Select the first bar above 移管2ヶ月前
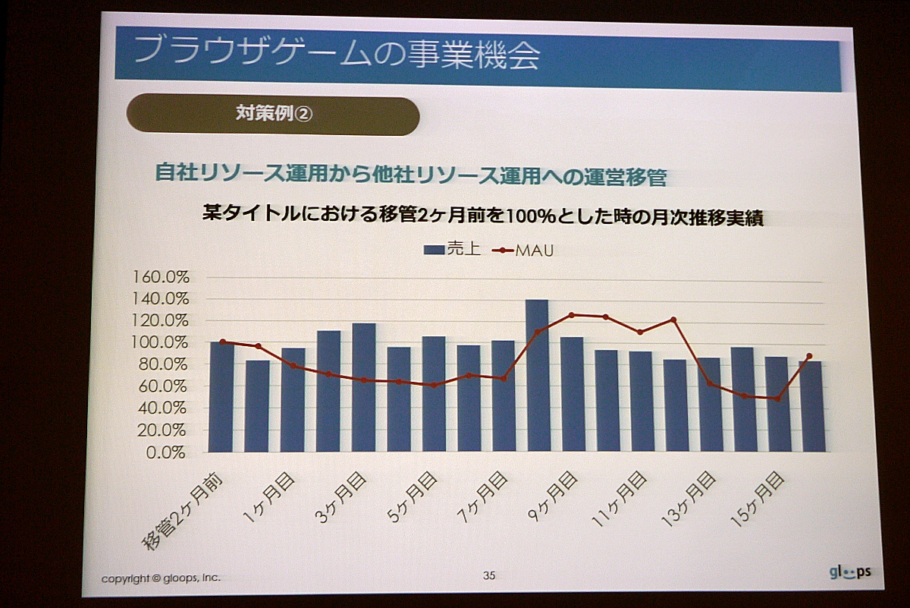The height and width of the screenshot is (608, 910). [x=221, y=396]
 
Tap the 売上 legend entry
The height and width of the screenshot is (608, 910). [x=452, y=249]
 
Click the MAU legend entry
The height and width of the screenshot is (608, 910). [x=529, y=250]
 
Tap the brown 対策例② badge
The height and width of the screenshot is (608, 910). [x=272, y=115]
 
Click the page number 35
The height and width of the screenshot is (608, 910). [x=489, y=576]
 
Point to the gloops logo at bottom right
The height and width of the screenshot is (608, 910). [x=849, y=572]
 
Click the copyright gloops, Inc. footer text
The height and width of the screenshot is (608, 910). [x=161, y=578]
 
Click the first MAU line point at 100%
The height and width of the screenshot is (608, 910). [x=222, y=342]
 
